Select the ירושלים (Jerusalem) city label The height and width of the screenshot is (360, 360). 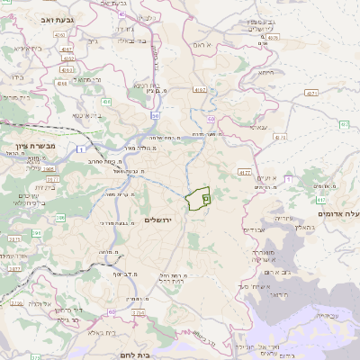[x=157, y=220]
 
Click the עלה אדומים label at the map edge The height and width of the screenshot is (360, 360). [x=341, y=213]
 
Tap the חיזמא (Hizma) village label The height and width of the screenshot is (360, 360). [x=265, y=72]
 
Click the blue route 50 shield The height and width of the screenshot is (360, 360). [x=156, y=116]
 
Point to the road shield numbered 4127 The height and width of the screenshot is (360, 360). [x=245, y=171]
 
